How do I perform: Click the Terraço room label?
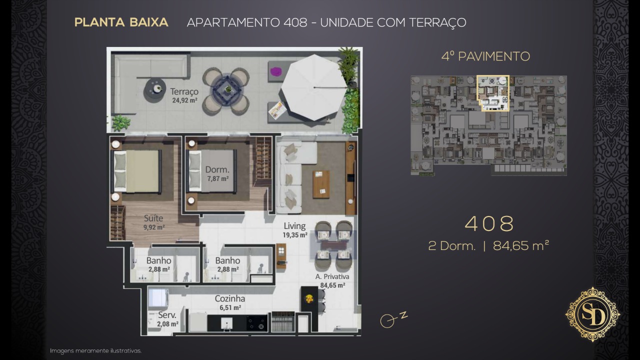coord(184,91)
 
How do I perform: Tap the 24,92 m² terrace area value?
coord(184,100)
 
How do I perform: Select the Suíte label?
coord(153,218)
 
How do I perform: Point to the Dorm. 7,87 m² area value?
coord(217,179)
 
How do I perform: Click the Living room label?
coord(294,226)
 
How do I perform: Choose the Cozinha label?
coord(229,299)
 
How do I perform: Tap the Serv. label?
coord(167,315)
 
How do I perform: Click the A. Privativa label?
coord(332,276)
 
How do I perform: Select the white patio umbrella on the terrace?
coord(313,87)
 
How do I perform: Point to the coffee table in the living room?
coord(321,184)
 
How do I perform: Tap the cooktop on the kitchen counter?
coord(256,323)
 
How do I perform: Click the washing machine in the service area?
coord(158,297)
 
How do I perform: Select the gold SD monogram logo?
coord(593,314)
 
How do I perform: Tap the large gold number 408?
coord(489,223)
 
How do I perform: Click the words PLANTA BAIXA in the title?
coord(121,22)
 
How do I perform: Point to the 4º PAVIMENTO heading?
coord(485,56)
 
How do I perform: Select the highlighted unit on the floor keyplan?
coord(493,93)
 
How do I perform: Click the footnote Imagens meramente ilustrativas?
coord(95,351)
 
